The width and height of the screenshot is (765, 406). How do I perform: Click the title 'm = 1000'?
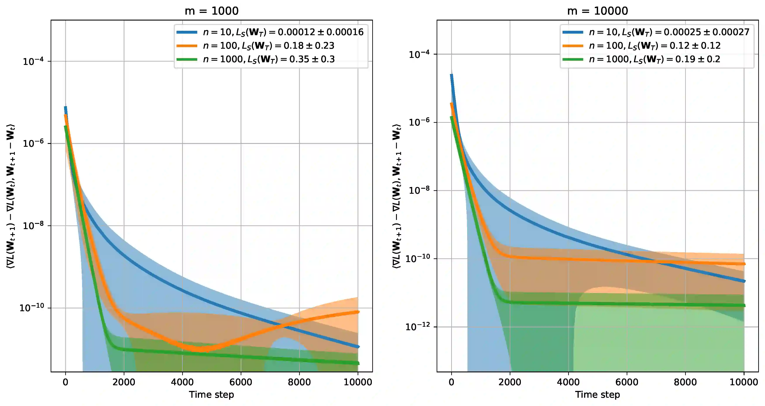tap(211, 11)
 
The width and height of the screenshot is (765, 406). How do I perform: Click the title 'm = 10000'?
tap(597, 11)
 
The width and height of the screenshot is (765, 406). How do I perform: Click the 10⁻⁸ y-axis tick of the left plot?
tap(33, 226)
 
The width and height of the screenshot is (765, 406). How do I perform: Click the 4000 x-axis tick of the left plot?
tap(182, 382)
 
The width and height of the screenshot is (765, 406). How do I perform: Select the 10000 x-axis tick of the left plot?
tap(358, 382)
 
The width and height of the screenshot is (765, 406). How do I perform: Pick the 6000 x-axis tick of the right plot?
tap(627, 382)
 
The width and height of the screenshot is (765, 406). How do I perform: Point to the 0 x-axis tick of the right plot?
tap(451, 382)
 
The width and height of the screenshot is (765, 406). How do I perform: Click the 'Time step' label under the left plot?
tap(211, 395)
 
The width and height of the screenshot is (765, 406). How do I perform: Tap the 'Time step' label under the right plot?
tap(597, 395)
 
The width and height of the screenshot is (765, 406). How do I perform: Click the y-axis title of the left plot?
tap(10, 196)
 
